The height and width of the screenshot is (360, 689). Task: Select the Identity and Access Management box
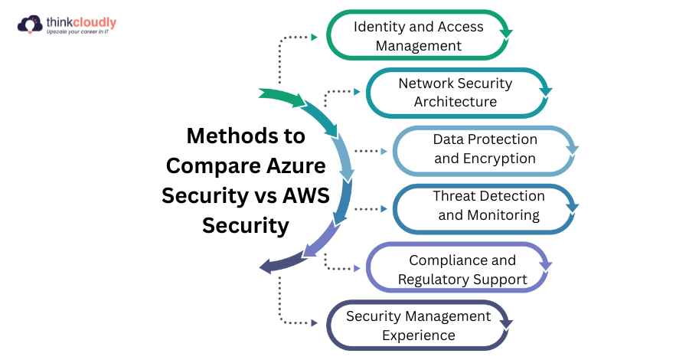tap(417, 36)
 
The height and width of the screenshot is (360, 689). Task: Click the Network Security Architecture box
tap(456, 93)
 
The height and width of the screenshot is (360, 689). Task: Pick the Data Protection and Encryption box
tap(484, 149)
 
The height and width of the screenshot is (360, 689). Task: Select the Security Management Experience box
tap(418, 326)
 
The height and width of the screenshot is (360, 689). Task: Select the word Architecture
tap(456, 102)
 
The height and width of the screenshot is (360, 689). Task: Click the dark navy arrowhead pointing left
tap(267, 267)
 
